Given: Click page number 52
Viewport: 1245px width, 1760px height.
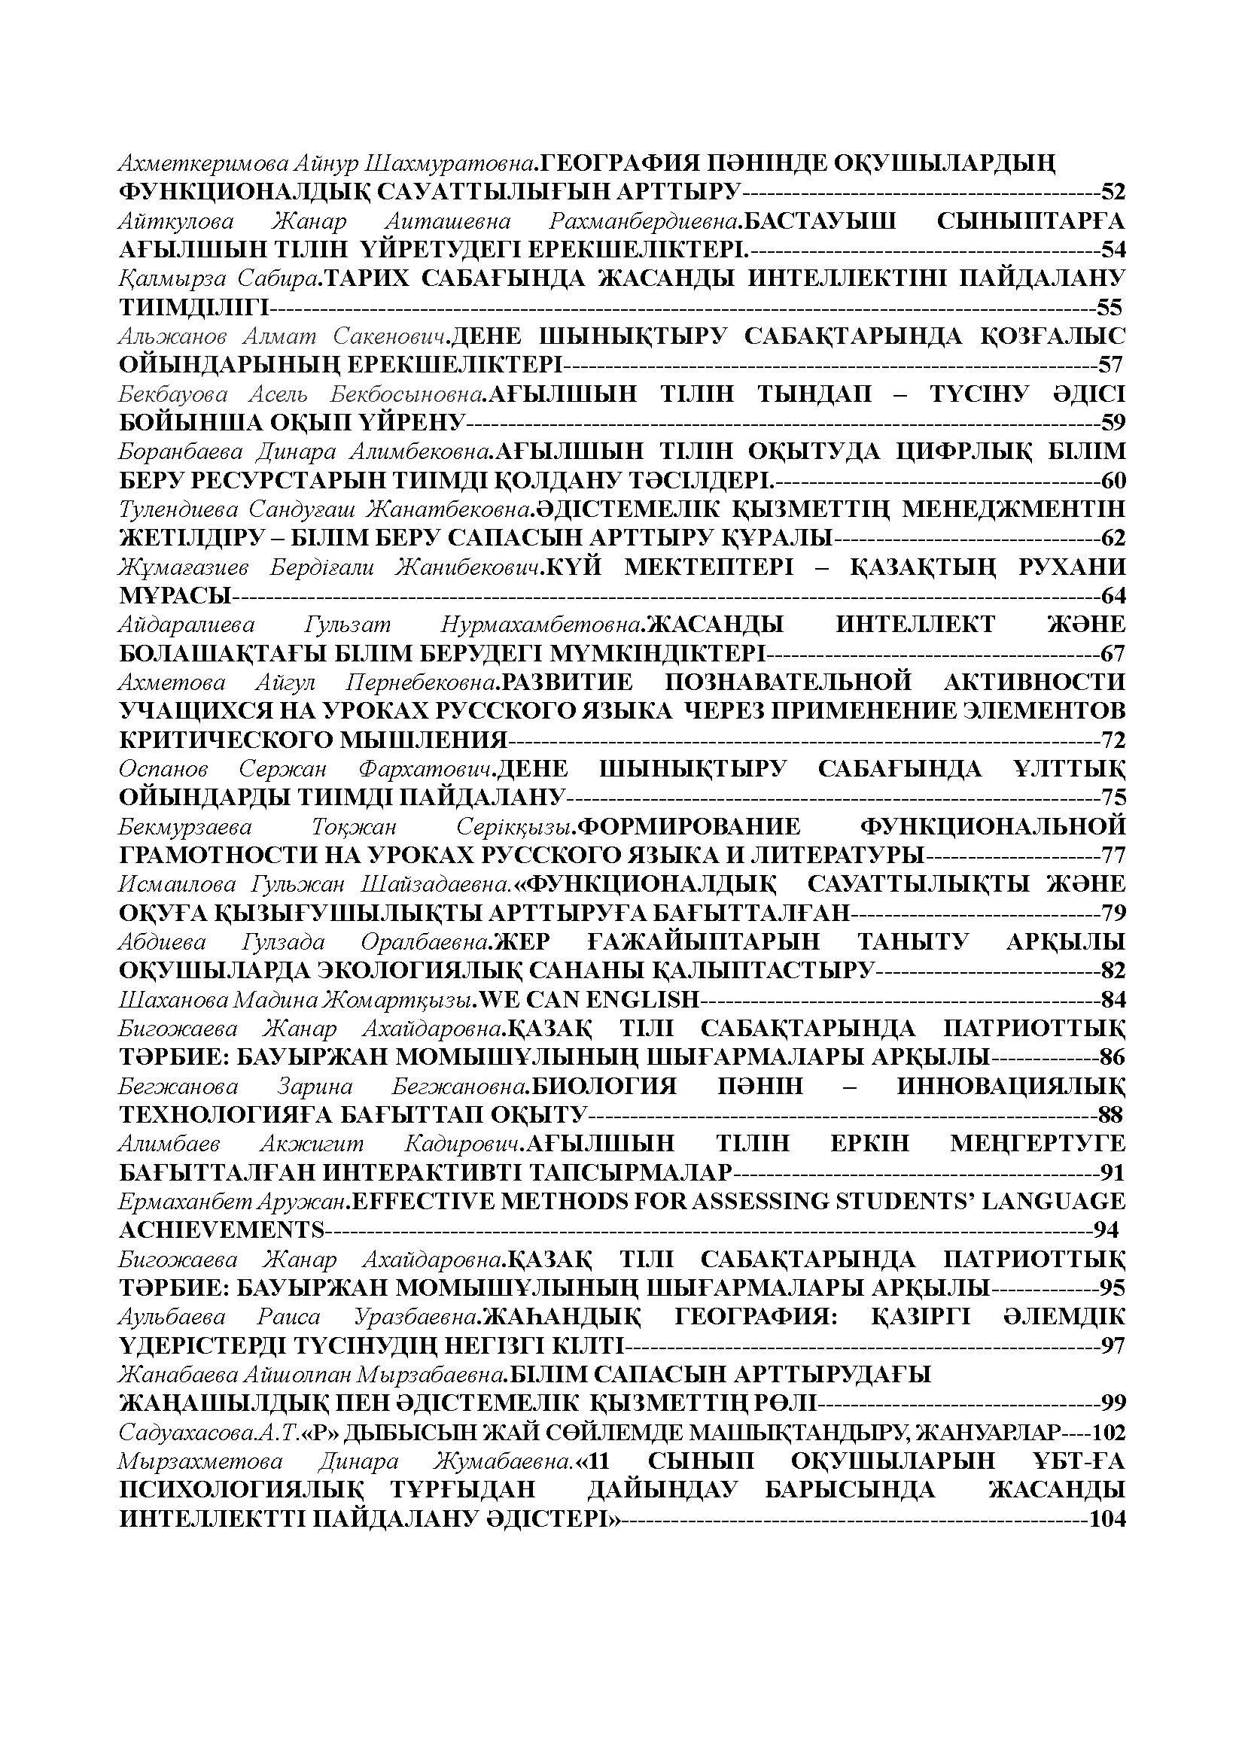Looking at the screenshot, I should click(x=1113, y=192).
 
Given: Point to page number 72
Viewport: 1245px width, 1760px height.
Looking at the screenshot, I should click(x=1113, y=740).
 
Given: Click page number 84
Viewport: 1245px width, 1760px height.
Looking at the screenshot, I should click(x=1113, y=999).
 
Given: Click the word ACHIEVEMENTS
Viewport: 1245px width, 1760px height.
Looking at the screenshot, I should click(x=222, y=1230).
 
